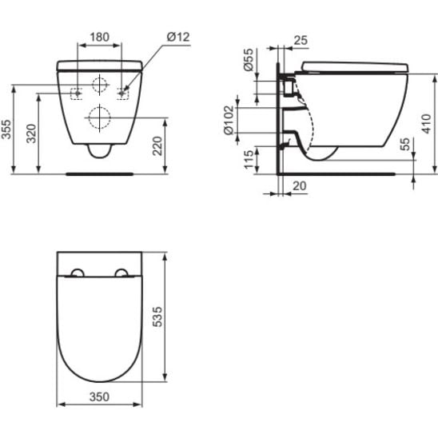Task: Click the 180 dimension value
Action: [100, 37]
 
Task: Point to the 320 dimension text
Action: [32, 133]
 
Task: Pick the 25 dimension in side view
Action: [301, 39]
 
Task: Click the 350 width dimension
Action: [99, 396]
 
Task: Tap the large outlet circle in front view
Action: [100, 117]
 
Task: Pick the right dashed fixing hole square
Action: [122, 93]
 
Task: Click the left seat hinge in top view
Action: [78, 272]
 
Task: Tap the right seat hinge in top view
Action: [121, 272]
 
